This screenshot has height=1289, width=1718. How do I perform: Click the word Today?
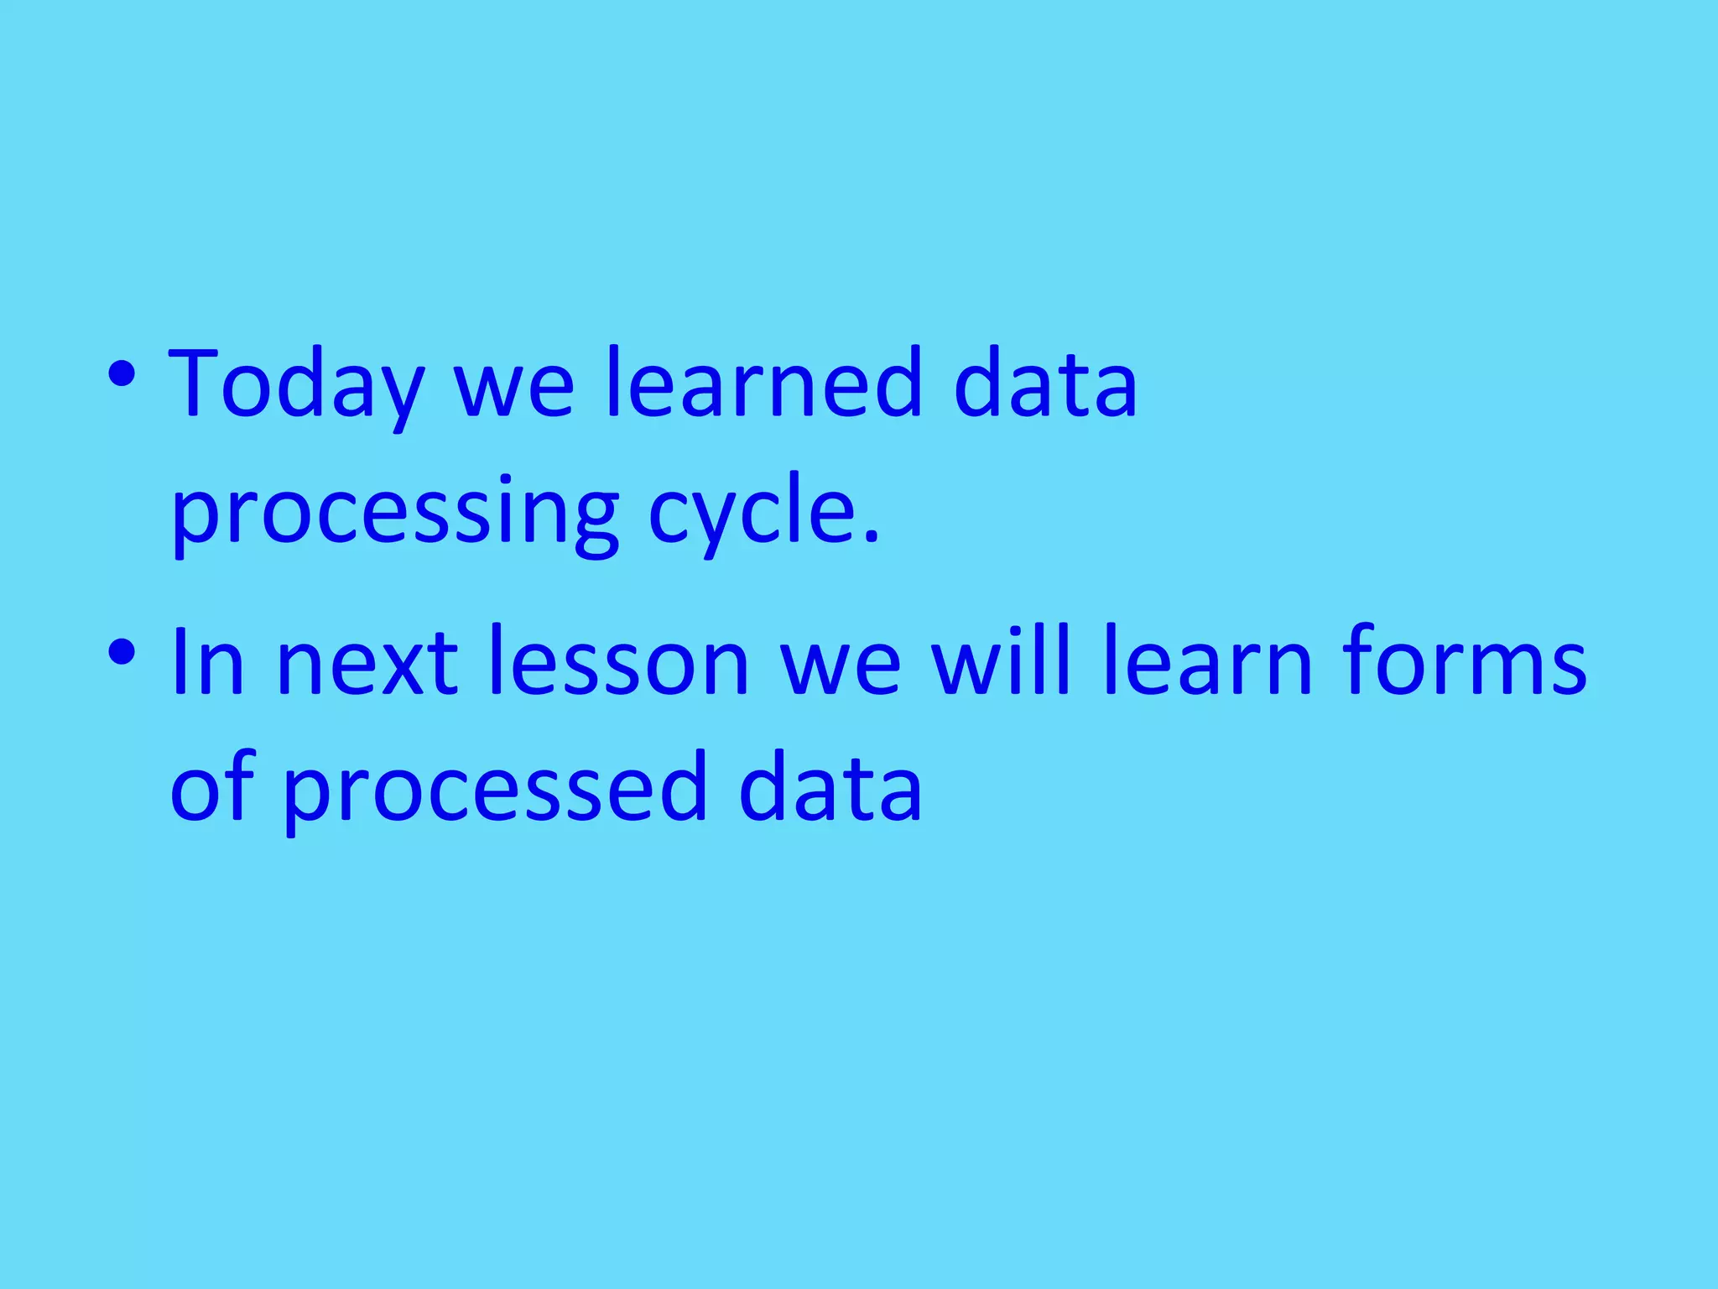point(295,384)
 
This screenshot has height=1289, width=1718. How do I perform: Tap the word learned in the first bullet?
point(763,383)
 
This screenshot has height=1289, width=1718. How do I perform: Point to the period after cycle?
point(871,537)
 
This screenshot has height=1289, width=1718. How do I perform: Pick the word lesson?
point(618,661)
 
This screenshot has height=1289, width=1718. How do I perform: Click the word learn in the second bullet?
point(1208,661)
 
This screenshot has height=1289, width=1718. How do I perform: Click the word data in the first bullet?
point(1045,383)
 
